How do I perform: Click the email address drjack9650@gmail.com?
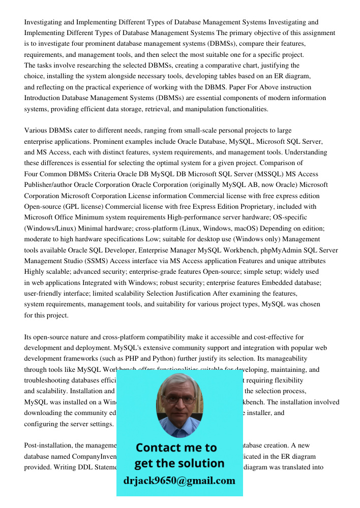click(179, 481)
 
